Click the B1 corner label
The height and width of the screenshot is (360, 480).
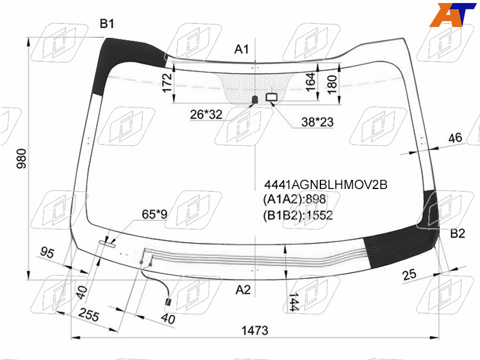107,23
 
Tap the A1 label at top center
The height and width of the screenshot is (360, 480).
242,49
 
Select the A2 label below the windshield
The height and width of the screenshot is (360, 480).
243,290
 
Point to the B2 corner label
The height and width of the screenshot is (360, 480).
458,233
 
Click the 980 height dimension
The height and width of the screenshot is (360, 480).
22,158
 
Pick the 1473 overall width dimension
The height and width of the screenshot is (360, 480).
254,331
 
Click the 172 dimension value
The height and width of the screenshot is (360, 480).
167,83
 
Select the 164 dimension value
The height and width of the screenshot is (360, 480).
310,82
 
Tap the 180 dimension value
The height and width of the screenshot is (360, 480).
332,85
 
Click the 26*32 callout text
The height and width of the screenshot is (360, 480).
206,115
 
